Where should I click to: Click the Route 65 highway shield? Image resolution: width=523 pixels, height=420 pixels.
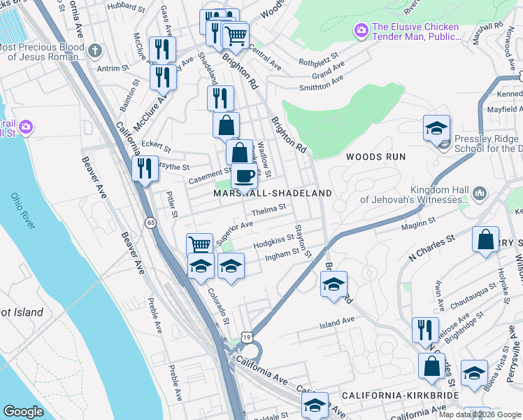pos(150,223)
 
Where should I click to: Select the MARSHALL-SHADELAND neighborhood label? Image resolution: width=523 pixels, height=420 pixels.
pos(272,192)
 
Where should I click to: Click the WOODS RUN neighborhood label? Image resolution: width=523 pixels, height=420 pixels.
pos(375,157)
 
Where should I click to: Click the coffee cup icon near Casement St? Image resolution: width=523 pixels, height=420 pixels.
pos(244,176)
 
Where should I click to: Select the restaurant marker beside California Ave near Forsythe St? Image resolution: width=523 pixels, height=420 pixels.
pos(145,169)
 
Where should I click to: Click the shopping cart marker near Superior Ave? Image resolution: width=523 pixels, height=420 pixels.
pos(200,244)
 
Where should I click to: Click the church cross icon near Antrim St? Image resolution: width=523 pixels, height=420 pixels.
pos(94,51)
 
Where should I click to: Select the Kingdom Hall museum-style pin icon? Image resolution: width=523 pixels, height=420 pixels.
pos(480,192)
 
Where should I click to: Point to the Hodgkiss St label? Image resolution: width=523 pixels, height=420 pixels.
pos(273,239)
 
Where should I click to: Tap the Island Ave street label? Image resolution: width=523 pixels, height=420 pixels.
pos(337,323)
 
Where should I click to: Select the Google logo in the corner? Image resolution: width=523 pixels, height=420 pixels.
pos(23,412)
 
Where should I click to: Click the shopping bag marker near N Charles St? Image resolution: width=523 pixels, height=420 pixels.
pos(485,240)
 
